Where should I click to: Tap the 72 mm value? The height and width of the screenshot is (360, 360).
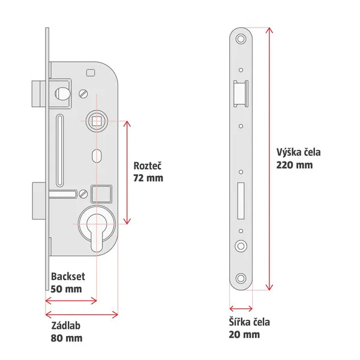[148, 178]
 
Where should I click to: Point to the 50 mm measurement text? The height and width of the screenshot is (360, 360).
[66, 289]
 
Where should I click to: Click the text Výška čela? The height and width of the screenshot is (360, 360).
[298, 152]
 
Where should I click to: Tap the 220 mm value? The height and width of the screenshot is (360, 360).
[294, 164]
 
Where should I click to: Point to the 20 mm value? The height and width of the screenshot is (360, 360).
[245, 334]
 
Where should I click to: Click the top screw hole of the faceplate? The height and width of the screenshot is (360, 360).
[241, 39]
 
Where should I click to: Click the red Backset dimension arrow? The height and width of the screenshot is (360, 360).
[71, 301]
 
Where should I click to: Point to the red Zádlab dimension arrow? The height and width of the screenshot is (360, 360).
[82, 313]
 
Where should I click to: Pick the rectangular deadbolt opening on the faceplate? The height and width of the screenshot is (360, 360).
[241, 200]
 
